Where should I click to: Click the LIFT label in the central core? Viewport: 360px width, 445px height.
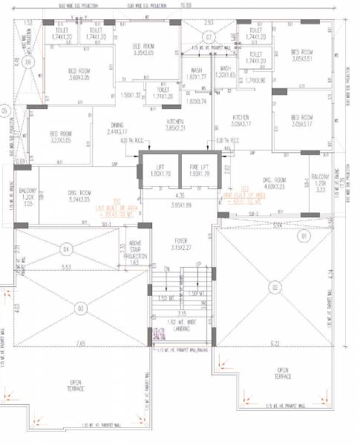click(160, 168)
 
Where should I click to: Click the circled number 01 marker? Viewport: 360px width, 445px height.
click(302, 237)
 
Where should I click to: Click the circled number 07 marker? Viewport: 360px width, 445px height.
click(209, 36)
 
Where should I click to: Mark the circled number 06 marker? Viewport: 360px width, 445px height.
click(28, 63)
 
